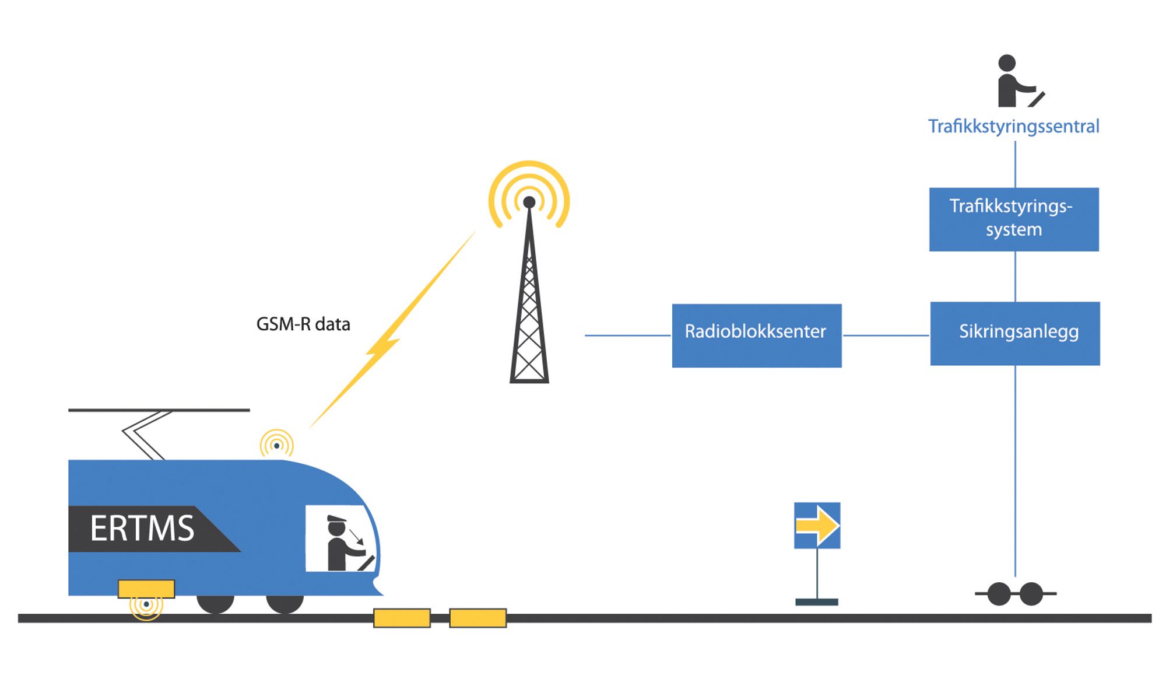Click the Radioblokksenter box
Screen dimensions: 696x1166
click(756, 335)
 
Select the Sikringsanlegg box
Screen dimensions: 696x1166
click(1014, 333)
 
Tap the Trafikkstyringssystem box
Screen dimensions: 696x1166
click(1014, 219)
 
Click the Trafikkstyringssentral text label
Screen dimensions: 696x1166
click(1013, 127)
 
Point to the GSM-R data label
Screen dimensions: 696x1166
click(303, 324)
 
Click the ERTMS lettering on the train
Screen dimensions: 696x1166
click(142, 529)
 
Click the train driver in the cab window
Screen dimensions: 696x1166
click(341, 543)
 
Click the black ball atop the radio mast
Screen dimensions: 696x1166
click(529, 202)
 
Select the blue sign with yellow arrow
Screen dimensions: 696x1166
click(817, 525)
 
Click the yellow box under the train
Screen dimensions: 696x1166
click(146, 589)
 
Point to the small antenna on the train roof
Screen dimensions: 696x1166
click(277, 445)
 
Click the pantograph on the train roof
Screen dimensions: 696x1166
click(146, 435)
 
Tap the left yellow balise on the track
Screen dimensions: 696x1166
click(402, 618)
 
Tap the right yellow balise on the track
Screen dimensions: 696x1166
click(477, 618)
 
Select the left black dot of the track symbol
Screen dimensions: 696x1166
click(999, 594)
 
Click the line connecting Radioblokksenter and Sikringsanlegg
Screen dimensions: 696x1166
click(886, 335)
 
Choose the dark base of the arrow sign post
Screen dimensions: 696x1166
click(817, 602)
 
